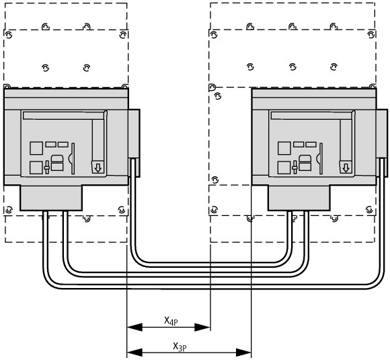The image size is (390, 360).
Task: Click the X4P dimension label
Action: (171, 321)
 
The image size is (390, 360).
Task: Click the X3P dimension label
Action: (180, 347)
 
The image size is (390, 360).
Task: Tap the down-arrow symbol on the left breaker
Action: (98, 168)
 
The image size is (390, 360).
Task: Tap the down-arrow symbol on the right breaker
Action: (346, 168)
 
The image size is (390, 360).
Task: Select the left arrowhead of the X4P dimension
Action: (134, 327)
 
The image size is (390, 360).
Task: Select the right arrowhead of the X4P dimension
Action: (202, 327)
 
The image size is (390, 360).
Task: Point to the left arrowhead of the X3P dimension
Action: (134, 353)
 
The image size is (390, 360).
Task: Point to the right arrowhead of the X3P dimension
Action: (243, 353)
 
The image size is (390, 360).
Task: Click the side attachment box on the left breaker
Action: (134, 143)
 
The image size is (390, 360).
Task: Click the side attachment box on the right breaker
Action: (382, 143)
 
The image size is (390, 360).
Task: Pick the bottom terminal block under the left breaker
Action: (51, 199)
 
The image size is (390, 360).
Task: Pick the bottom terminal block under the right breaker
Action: (299, 199)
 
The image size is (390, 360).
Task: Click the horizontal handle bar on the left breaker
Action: (63, 116)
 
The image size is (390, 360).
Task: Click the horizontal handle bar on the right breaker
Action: (311, 116)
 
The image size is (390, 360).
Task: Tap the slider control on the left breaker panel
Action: (46, 168)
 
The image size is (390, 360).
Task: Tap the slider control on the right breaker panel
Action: (295, 168)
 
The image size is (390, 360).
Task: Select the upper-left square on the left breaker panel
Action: (36, 148)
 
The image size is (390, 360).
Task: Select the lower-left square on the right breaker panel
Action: (284, 168)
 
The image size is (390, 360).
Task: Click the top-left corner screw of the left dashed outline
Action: (9, 35)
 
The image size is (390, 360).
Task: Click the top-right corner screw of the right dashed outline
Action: (371, 34)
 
